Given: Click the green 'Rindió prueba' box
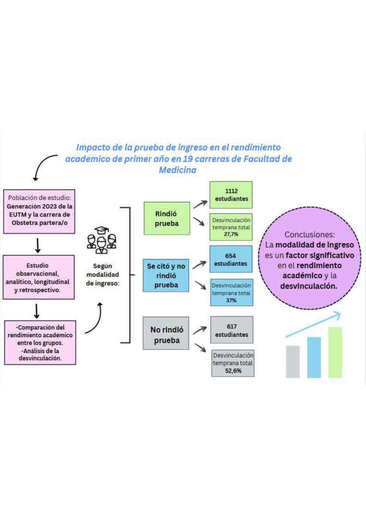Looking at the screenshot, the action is tap(167, 218).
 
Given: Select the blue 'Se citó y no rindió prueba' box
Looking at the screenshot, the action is tap(166, 275).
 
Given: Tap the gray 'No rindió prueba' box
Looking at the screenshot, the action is tap(166, 333).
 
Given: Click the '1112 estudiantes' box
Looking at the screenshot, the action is tap(231, 195).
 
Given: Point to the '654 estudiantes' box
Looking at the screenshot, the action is tap(231, 259).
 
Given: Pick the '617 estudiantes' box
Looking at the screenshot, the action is tap(232, 330).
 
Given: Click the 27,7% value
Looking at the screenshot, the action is tap(231, 234).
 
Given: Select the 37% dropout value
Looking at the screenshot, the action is tap(231, 300).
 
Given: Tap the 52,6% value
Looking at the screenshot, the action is tap(233, 371).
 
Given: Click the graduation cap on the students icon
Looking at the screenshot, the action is tap(102, 230).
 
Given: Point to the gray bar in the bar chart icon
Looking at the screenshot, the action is tap(293, 362).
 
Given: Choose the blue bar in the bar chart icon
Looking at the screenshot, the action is tap(314, 357).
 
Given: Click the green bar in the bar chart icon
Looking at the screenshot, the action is tap(335, 352).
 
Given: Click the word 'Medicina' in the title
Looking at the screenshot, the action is tap(178, 170).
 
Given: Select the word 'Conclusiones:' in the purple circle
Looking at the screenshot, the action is tap(310, 235).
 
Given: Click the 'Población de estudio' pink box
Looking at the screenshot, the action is tap(39, 212).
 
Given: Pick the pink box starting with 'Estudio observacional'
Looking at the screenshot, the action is tap(39, 277).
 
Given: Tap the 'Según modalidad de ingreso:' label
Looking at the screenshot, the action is tap(102, 274).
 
